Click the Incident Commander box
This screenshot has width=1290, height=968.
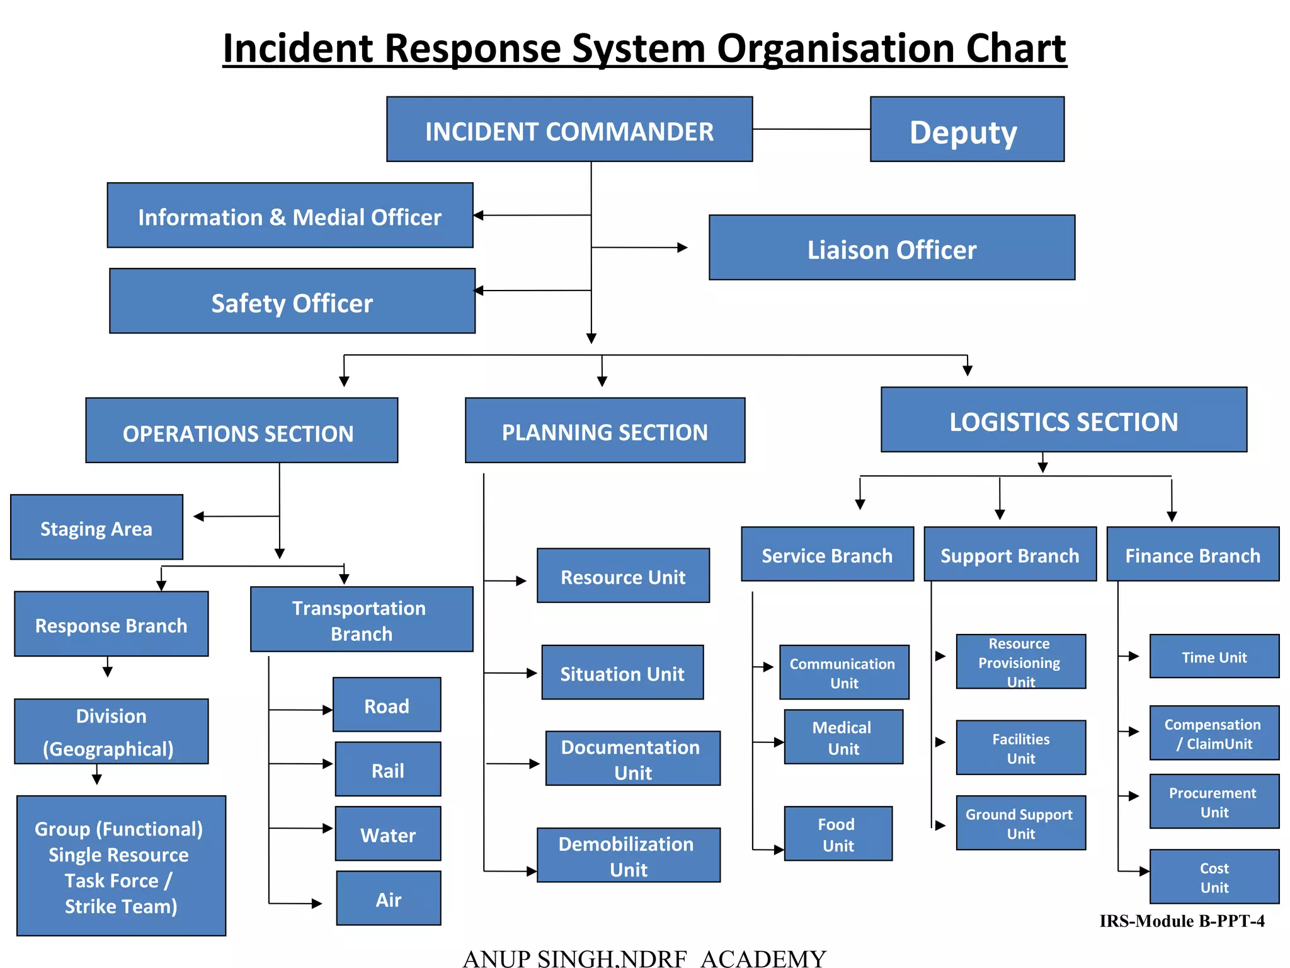coord(569,130)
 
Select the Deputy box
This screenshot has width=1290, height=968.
coord(966,130)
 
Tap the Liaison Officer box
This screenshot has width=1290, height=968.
coord(891,248)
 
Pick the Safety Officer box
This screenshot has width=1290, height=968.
coord(292,301)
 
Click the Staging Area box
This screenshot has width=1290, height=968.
coord(96,527)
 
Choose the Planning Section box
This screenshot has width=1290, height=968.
coord(605,430)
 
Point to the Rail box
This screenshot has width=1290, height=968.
coord(387,769)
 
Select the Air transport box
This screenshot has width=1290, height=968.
coord(388,898)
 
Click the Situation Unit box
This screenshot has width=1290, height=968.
coord(622,672)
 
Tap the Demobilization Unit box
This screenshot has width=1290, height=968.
coord(628,855)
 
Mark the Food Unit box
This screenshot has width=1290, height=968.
coord(838,834)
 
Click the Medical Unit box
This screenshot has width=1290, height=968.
coord(843,737)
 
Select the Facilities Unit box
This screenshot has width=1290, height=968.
coord(1020,747)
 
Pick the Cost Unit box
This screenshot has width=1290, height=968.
coord(1214,877)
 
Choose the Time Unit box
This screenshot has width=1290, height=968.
coord(1214,657)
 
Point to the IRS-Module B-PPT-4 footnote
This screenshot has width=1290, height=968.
coord(1182,921)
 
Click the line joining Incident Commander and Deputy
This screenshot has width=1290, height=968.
coord(811,129)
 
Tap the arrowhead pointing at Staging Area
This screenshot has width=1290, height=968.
coord(199,517)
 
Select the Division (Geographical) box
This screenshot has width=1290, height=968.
coord(111,732)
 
